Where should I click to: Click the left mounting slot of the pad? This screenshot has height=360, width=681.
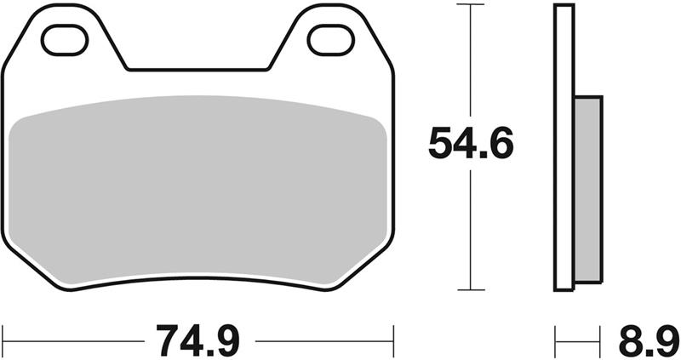click(65, 39)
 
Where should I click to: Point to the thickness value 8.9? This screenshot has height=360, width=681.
click(642, 341)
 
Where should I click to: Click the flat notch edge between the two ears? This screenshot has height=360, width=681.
click(197, 69)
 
